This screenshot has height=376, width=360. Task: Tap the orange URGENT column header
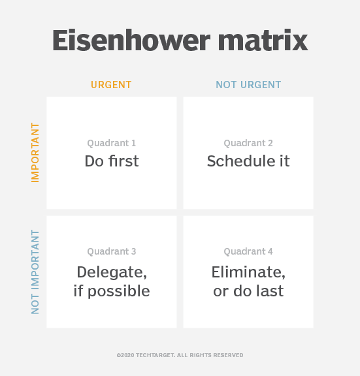[x=111, y=85]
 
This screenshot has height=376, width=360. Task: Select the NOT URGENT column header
[x=248, y=85]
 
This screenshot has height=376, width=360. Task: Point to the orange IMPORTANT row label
[x=35, y=152]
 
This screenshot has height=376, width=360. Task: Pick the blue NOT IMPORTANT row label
[x=35, y=272]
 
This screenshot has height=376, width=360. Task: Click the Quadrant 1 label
[x=112, y=143]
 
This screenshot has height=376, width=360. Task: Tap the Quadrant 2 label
[x=248, y=143]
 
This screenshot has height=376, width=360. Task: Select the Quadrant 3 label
[x=112, y=251]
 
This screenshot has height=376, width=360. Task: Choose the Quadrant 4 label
[x=248, y=251]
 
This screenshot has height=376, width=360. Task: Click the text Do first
[x=112, y=161]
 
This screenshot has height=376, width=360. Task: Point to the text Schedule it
[x=248, y=161]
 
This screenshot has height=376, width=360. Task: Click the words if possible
[x=112, y=291]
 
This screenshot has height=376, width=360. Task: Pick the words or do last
[x=248, y=291]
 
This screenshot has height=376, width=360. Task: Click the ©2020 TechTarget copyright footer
[x=180, y=355]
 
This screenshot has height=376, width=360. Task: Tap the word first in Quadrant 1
[x=123, y=161]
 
